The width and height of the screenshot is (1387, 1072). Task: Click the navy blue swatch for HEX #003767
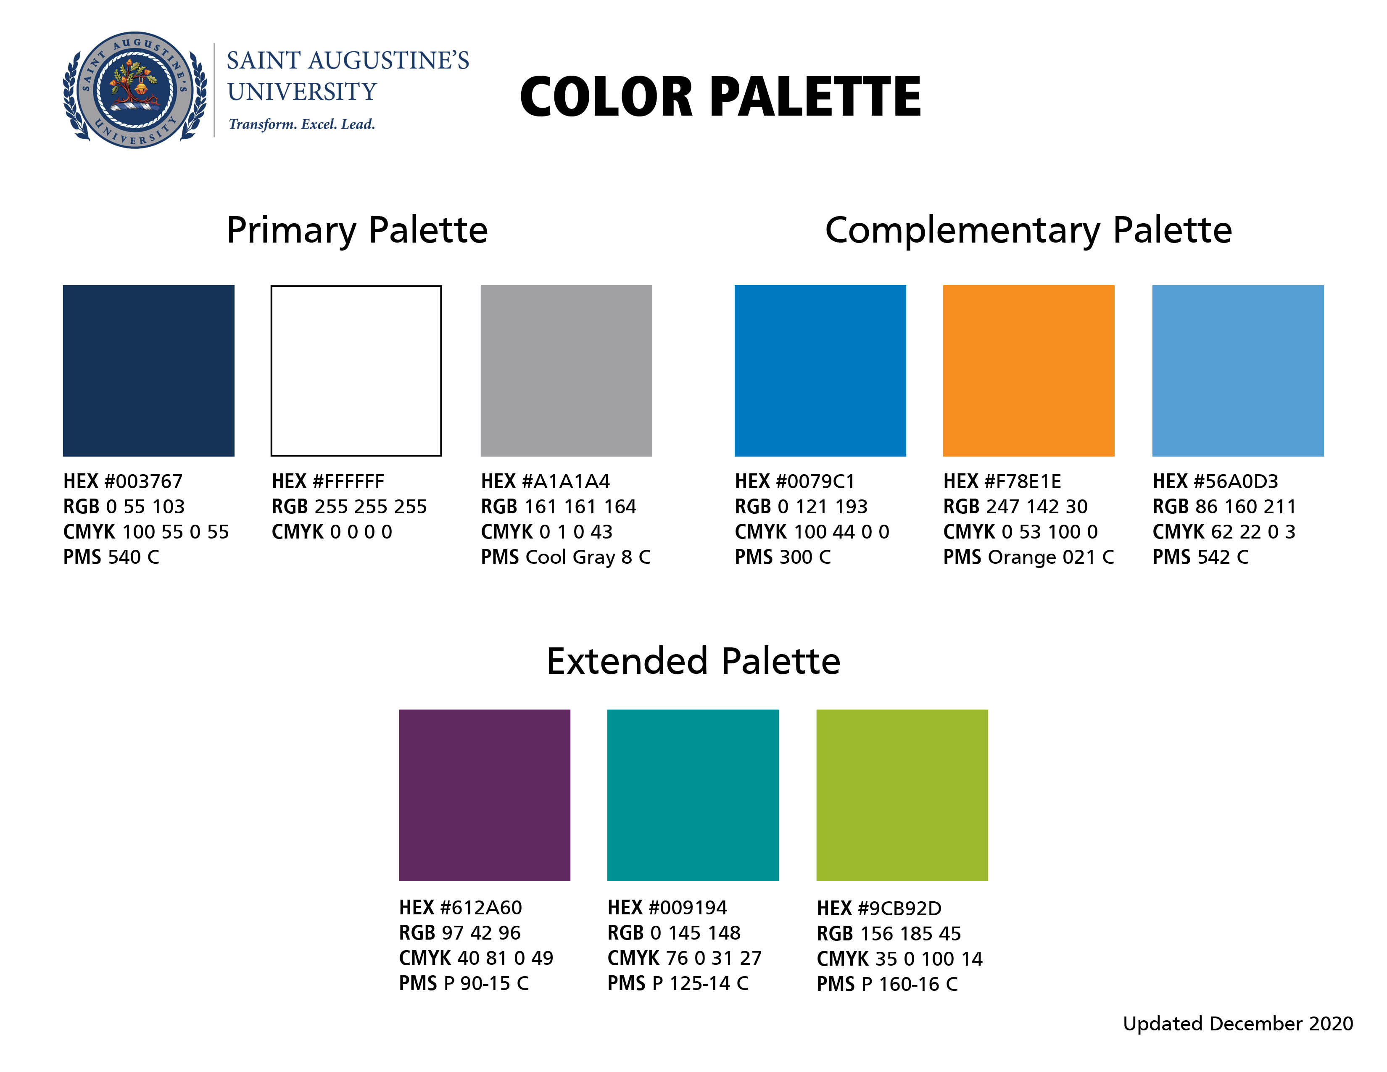coord(149,370)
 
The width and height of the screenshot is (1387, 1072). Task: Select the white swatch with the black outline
coord(356,370)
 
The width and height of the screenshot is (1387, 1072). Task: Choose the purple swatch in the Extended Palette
coord(485,795)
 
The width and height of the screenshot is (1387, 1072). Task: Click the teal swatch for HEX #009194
coord(693,795)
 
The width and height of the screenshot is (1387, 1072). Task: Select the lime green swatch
coord(902,795)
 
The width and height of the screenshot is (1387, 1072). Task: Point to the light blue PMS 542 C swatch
coord(1238,370)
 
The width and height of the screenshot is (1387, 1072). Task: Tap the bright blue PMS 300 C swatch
coord(820,370)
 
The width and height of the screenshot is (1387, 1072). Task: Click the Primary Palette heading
coord(357,230)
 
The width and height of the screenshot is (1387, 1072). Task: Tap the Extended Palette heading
coord(693,661)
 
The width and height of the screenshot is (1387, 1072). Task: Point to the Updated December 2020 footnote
coord(1238,1024)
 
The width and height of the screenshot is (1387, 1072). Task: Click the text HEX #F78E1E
coord(1002,481)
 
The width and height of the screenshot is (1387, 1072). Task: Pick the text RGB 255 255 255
coord(349,507)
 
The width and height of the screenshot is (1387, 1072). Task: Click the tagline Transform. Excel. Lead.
coord(302,124)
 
